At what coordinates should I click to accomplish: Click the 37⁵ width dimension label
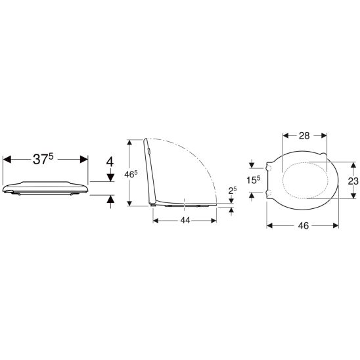point(43,159)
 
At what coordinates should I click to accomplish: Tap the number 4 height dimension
point(110,162)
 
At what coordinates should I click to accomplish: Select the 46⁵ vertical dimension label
point(131,174)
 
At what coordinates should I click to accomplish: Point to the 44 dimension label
point(185,221)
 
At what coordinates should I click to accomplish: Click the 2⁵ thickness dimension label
point(233,191)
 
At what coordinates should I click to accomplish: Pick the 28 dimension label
point(304,136)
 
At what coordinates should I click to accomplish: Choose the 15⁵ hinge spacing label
point(254,180)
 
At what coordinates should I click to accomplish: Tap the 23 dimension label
point(353,181)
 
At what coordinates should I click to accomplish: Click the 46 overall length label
point(304,226)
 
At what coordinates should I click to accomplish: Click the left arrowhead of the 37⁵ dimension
point(7,159)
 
